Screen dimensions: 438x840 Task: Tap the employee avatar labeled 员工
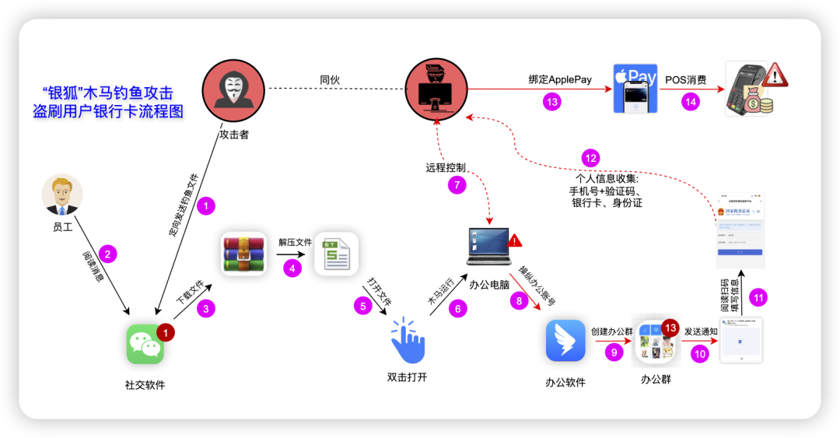coord(62,194)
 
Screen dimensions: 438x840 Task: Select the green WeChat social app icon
coord(145,344)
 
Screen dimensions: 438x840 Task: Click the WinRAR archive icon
coord(243,254)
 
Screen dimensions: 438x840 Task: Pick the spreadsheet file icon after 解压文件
coord(336,254)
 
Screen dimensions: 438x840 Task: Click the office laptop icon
coord(488,247)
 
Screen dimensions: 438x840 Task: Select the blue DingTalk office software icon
coord(565,341)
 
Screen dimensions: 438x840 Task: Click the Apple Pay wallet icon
coord(635,89)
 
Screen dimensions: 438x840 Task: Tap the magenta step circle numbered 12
coord(592,158)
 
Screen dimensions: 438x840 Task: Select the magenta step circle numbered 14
coord(690,101)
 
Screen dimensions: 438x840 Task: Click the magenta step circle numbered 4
coord(292,268)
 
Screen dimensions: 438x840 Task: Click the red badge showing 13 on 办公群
coord(670,328)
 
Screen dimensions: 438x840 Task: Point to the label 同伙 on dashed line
coord(330,79)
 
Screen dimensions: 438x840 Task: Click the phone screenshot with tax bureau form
coord(740,230)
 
